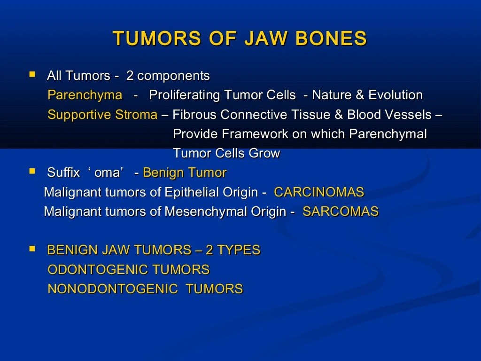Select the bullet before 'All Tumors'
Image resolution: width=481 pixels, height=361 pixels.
coord(32,74)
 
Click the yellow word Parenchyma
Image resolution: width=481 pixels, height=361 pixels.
coord(85,95)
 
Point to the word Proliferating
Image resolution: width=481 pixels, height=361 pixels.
coord(185,95)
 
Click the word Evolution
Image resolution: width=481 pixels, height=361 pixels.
coord(396,95)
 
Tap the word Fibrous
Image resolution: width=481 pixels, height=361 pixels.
coord(195,115)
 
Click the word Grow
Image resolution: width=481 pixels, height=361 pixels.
coord(265,154)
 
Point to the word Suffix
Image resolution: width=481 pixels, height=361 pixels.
coord(64,173)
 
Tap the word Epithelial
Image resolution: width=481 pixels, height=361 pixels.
coord(194,192)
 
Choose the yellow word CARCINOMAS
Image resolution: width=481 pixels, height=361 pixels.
coord(319,192)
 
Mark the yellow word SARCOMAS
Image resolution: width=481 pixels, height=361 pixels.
coord(341,212)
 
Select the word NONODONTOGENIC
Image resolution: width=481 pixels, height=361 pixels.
coord(113,289)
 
